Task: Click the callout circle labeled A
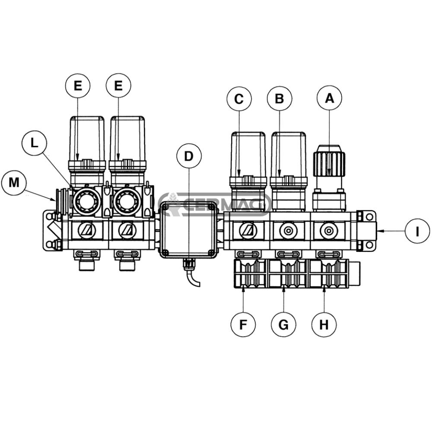click(x=330, y=98)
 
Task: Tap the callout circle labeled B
click(x=280, y=98)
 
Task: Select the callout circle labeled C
click(x=239, y=98)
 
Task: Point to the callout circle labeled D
click(x=189, y=156)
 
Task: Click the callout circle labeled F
click(x=243, y=324)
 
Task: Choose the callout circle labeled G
click(x=283, y=324)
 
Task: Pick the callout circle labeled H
click(x=324, y=324)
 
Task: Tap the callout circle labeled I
click(x=417, y=231)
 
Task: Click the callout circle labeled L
click(x=34, y=143)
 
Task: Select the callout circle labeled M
click(x=14, y=183)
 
